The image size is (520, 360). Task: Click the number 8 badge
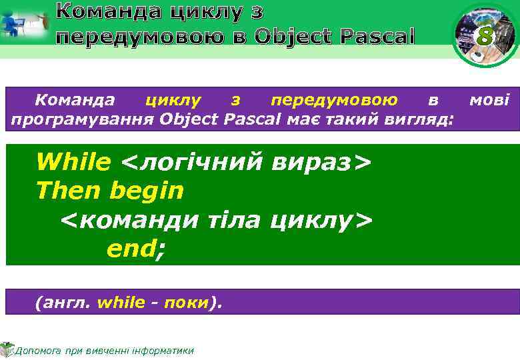[485, 37]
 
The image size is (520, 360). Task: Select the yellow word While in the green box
[73, 161]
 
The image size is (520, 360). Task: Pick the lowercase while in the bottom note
[121, 303]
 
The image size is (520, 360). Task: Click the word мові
[489, 101]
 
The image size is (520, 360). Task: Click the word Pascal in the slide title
[377, 35]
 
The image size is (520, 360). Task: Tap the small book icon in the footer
[7, 349]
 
